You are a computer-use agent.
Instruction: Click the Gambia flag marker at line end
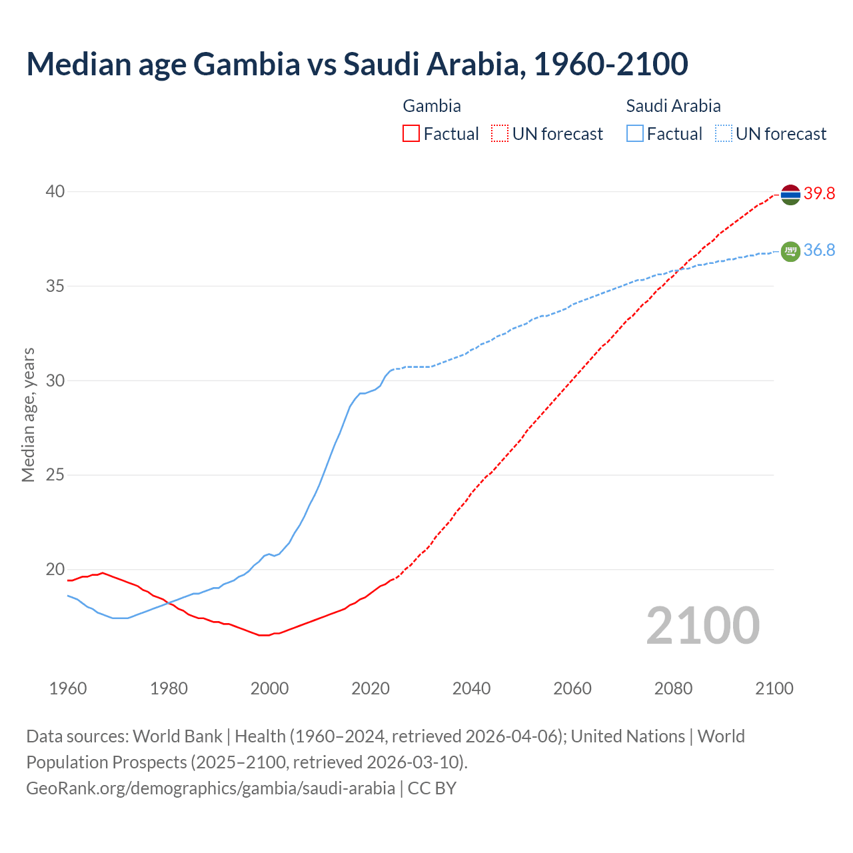(790, 195)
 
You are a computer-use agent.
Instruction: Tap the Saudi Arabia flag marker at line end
(790, 251)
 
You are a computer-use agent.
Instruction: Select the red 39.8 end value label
(819, 194)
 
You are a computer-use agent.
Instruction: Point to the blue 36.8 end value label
(819, 251)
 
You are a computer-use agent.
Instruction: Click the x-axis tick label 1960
(68, 688)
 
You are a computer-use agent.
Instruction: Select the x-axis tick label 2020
(371, 688)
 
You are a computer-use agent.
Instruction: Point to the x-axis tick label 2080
(673, 688)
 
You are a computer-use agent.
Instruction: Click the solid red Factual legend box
(411, 134)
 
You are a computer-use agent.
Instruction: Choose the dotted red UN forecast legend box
(500, 134)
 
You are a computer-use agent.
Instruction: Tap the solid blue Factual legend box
(634, 134)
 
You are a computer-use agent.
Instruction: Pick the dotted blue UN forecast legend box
(723, 134)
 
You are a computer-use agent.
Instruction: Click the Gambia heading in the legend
(432, 106)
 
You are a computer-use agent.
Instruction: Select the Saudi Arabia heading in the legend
(673, 106)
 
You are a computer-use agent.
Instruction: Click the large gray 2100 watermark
(702, 625)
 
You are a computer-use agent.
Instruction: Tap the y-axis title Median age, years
(28, 415)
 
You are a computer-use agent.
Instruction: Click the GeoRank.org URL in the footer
(211, 788)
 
